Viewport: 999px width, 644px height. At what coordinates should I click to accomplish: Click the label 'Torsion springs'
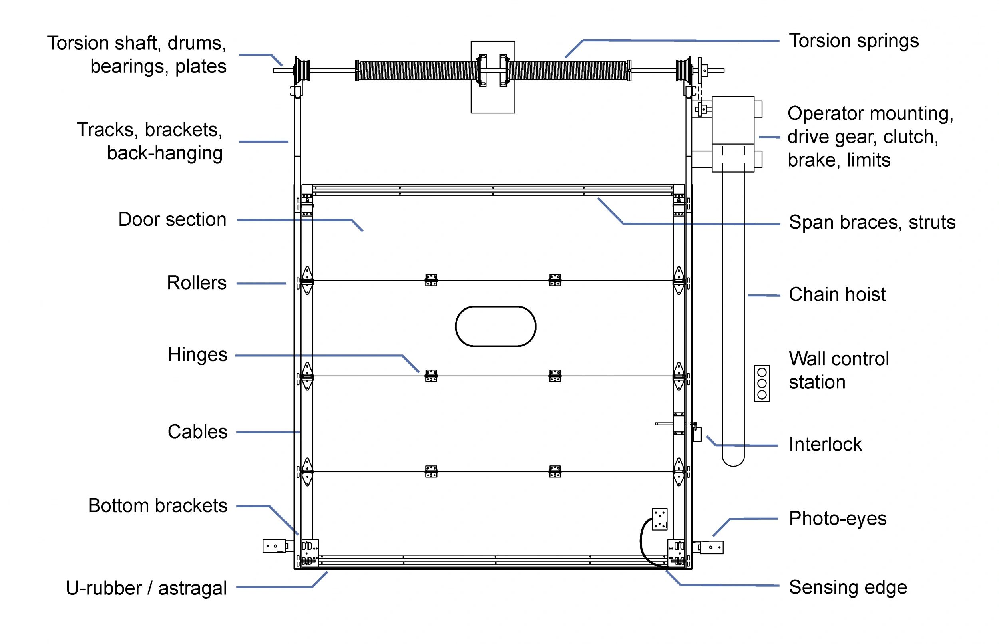click(x=853, y=41)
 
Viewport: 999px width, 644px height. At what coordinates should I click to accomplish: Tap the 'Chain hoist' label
click(x=837, y=294)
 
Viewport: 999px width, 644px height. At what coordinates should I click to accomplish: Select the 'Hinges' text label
click(x=197, y=355)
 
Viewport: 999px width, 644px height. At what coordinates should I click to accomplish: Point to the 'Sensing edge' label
click(x=848, y=587)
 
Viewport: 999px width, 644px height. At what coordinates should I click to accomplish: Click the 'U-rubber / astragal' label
click(x=146, y=588)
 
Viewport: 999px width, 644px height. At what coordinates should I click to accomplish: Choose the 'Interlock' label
click(x=825, y=444)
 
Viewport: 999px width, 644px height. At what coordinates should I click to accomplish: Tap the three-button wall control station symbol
click(x=762, y=383)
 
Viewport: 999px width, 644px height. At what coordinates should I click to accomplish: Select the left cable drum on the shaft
click(x=302, y=71)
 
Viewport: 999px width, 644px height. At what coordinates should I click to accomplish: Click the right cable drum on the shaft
click(x=684, y=70)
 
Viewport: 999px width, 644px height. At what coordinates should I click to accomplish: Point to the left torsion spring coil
click(x=417, y=70)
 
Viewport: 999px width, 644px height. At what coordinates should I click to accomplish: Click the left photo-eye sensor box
click(x=274, y=546)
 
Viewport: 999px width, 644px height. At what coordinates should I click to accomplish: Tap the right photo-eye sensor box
click(x=711, y=547)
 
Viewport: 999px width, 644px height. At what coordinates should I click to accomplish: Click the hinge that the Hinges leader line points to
click(x=431, y=376)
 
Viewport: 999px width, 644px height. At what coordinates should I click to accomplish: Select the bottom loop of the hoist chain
click(x=733, y=462)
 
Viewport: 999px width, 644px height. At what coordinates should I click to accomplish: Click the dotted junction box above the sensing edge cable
click(x=659, y=519)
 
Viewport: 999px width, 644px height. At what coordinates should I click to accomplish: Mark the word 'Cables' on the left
click(x=197, y=431)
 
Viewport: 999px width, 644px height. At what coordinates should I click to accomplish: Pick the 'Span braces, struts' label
click(x=872, y=222)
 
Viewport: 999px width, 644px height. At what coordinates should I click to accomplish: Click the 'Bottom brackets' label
click(x=158, y=506)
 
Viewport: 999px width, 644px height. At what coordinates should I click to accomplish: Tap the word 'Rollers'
click(x=197, y=283)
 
